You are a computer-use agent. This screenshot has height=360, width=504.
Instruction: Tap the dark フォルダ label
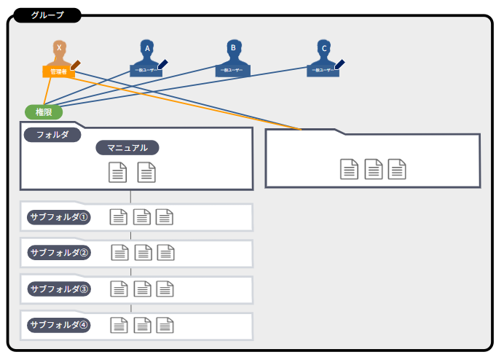(52, 135)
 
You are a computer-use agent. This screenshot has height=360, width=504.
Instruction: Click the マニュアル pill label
(127, 147)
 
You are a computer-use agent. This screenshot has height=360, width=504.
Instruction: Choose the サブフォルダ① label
(59, 217)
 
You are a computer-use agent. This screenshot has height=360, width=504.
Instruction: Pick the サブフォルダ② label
(59, 253)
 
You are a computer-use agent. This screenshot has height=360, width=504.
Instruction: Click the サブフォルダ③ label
(59, 289)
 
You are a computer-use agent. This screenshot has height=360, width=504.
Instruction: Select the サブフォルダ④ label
(59, 324)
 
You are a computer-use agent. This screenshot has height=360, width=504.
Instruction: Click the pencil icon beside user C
(339, 64)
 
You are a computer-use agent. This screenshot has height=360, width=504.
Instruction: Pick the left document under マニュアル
(117, 172)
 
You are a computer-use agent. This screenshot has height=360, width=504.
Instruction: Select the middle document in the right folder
(374, 169)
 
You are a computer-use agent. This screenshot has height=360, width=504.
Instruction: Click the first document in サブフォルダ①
(118, 216)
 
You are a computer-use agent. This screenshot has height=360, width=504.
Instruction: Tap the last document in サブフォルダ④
(165, 324)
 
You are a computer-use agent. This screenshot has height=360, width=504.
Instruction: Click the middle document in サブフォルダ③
(143, 289)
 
